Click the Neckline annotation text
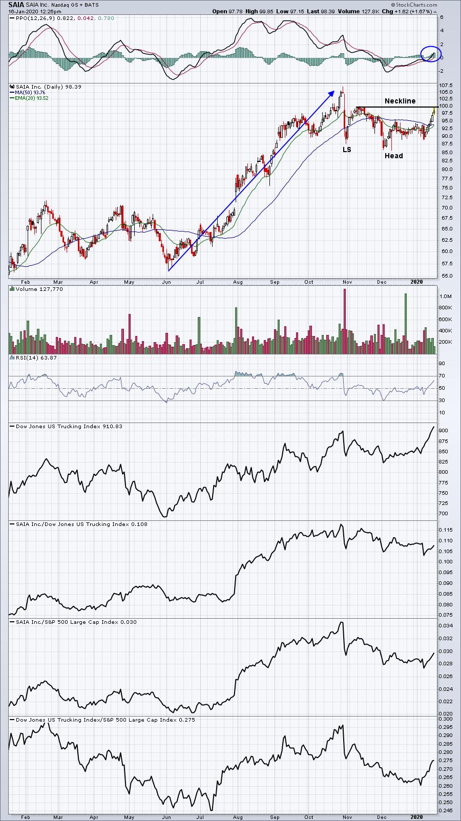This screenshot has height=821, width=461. (400, 101)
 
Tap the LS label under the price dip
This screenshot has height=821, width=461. (347, 150)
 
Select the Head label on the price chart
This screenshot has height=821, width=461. (393, 156)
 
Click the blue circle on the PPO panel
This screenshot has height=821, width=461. (431, 54)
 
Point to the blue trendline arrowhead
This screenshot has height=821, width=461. (331, 93)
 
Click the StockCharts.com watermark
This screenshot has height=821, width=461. (414, 5)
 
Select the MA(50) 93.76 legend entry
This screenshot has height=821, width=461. (30, 93)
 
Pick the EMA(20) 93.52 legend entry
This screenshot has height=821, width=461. (31, 98)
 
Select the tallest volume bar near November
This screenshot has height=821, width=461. (344, 321)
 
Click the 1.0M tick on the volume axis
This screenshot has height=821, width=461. (446, 296)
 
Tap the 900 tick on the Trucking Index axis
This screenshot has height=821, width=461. (444, 431)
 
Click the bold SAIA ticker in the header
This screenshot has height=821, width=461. (16, 5)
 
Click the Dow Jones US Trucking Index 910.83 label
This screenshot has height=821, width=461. (69, 426)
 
